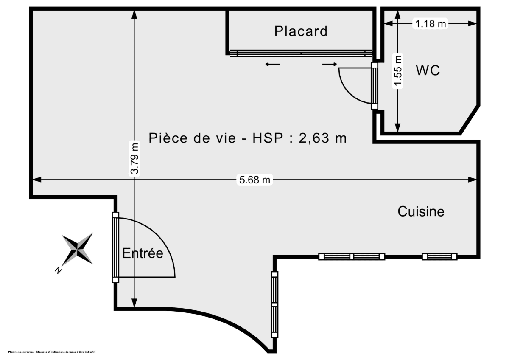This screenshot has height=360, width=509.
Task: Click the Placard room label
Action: pyautogui.click(x=301, y=31)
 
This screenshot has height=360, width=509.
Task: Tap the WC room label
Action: pyautogui.click(x=428, y=70)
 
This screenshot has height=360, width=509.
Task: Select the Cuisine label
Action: pyautogui.click(x=421, y=211)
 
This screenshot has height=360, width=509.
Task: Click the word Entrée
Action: pyautogui.click(x=143, y=253)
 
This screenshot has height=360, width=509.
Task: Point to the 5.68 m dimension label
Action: pyautogui.click(x=255, y=180)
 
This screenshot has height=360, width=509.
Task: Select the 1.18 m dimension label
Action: pyautogui.click(x=431, y=24)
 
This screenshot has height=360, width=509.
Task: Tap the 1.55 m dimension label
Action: pyautogui.click(x=398, y=71)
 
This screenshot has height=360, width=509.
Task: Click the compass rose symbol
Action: pyautogui.click(x=78, y=248)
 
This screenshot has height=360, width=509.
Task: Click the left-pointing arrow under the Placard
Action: pyautogui.click(x=272, y=65)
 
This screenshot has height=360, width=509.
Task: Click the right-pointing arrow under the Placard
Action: pyautogui.click(x=330, y=65)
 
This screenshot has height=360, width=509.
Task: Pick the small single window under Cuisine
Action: pyautogui.click(x=439, y=256)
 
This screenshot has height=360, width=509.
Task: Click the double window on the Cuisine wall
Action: pyautogui.click(x=352, y=256)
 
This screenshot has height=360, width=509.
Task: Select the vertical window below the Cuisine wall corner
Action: pyautogui.click(x=274, y=304)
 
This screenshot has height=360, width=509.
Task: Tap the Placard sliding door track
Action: pyautogui.click(x=301, y=53)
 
